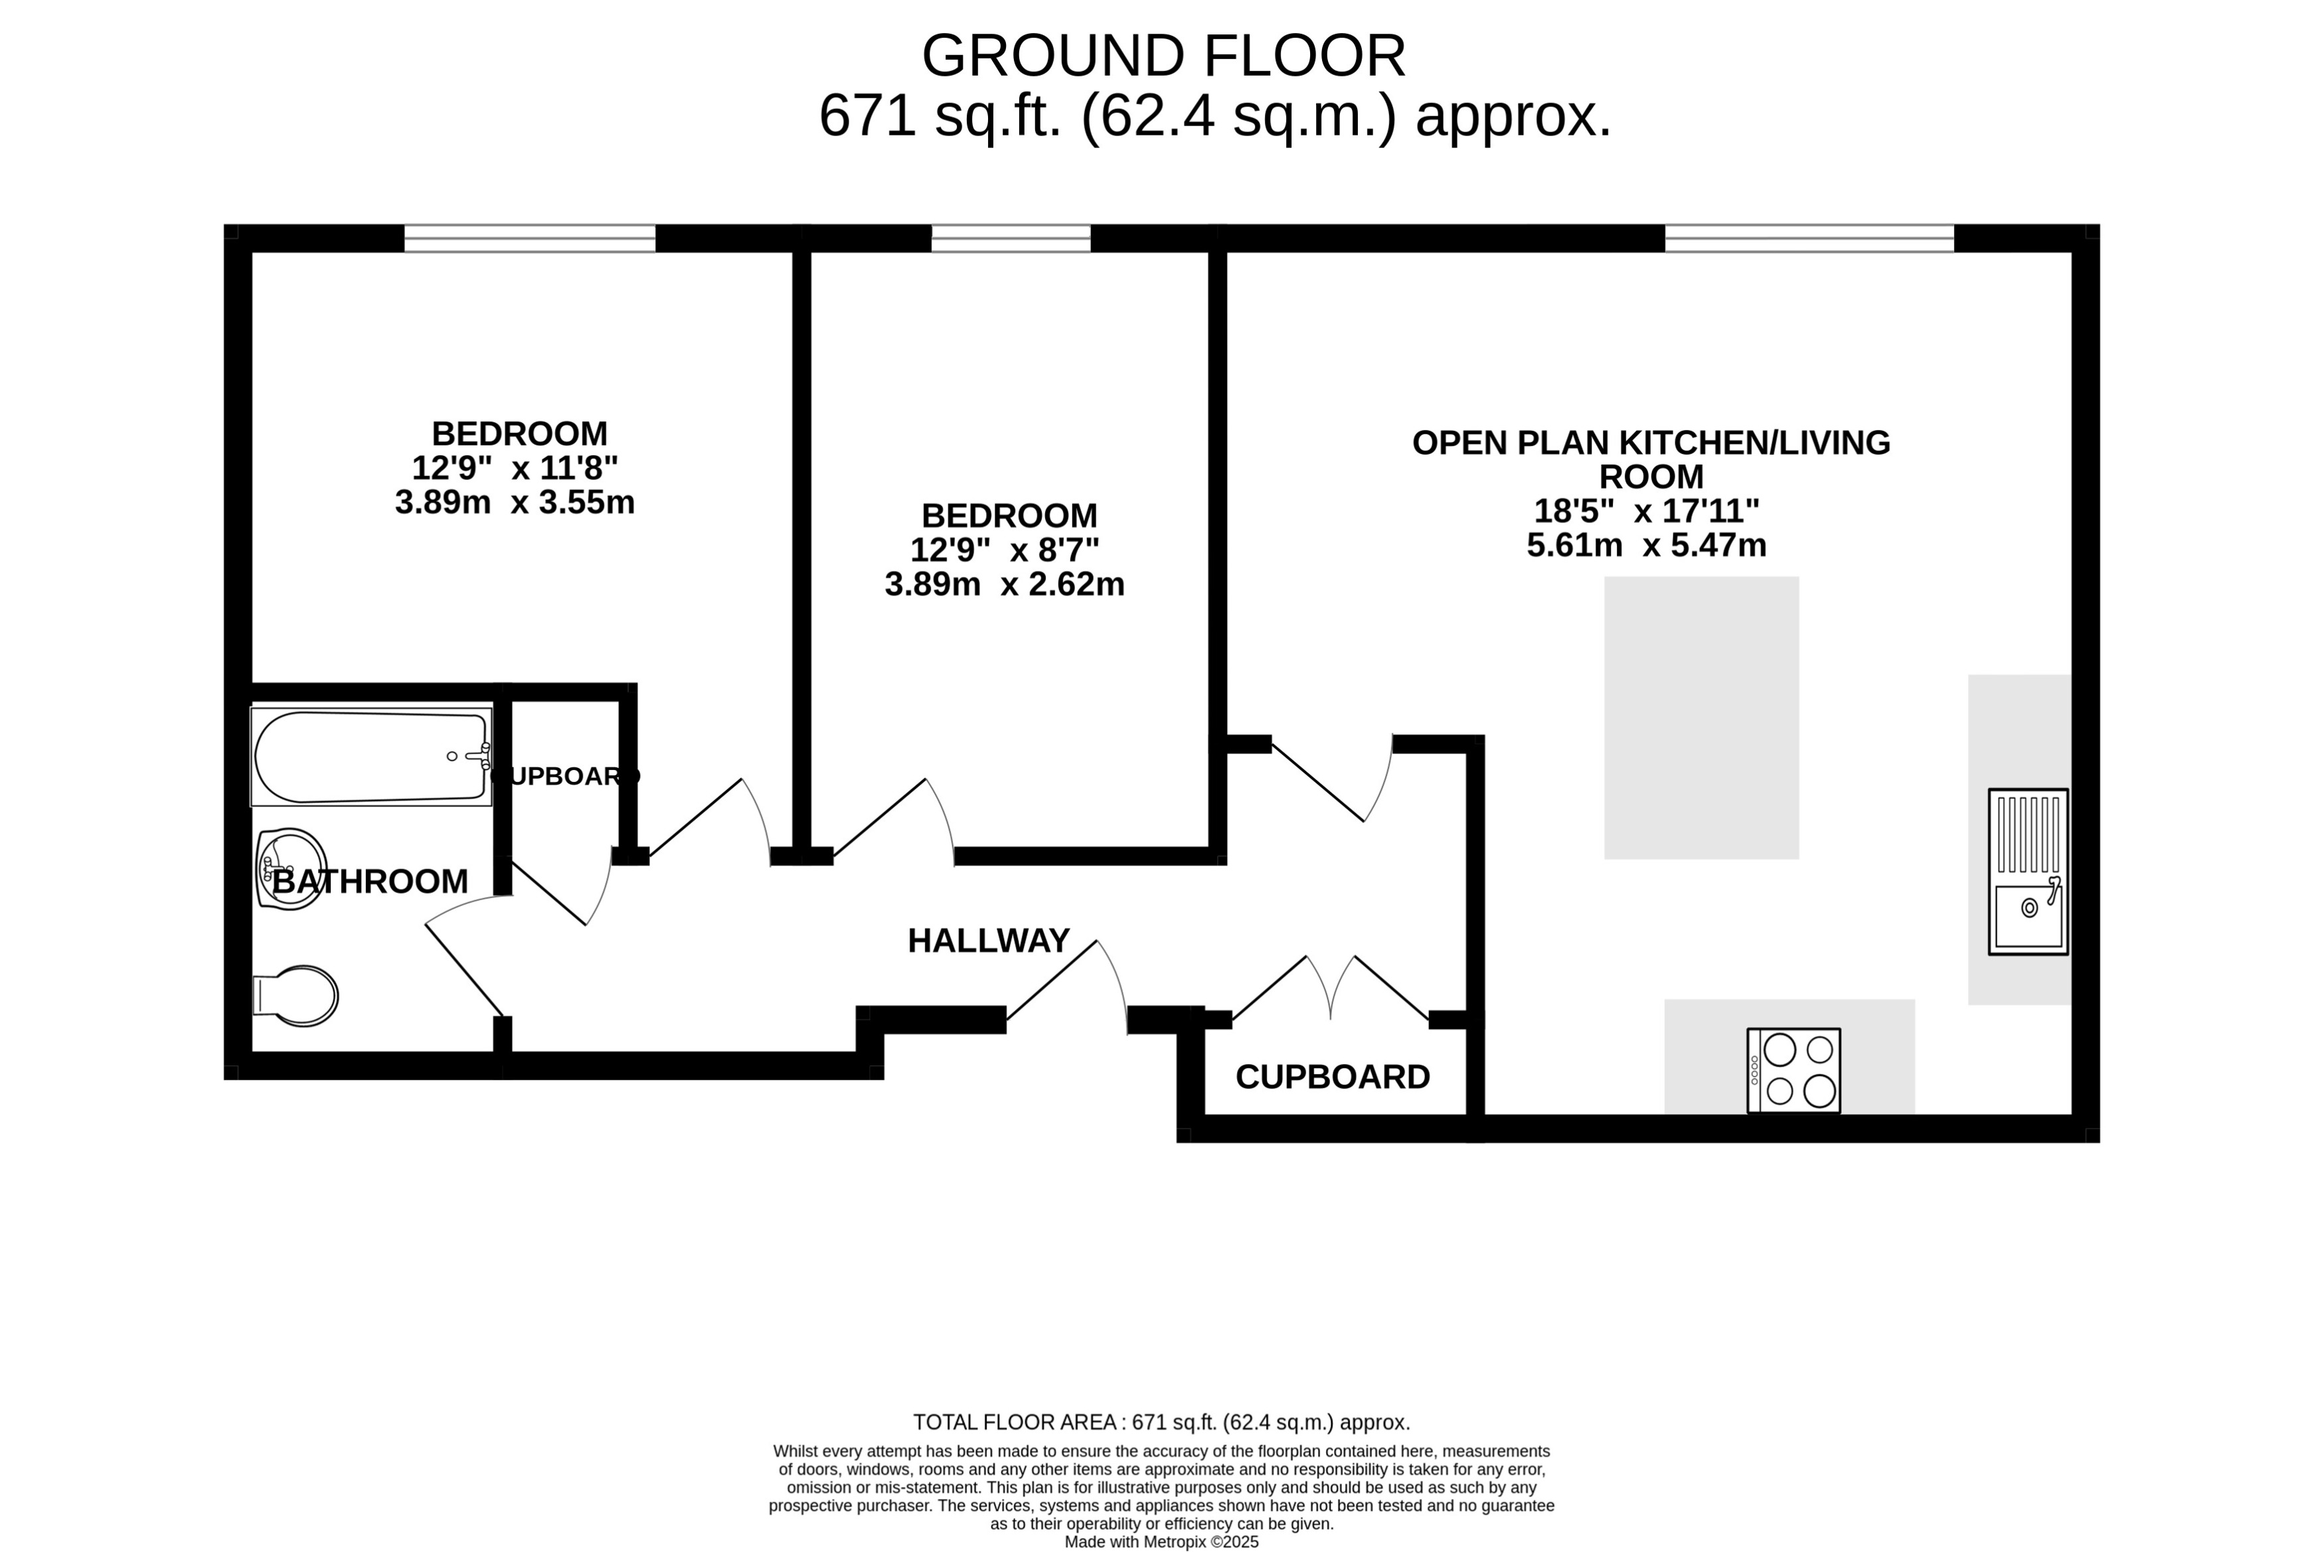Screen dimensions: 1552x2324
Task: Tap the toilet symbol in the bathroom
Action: [297, 996]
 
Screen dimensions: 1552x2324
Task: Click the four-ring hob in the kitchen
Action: [1793, 1071]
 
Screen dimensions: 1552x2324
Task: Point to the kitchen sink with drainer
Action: [2028, 872]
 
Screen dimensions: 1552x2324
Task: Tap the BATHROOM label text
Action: [370, 881]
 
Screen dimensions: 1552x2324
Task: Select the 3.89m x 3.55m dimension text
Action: [515, 503]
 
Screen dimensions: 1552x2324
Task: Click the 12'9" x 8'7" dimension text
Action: [1005, 550]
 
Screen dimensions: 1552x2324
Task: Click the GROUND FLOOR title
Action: [1163, 56]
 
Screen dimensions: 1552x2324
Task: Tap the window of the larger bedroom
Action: [529, 238]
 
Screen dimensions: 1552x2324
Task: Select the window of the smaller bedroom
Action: [1011, 238]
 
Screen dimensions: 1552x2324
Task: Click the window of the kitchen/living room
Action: [1809, 238]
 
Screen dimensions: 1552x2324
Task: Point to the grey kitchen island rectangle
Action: [1701, 718]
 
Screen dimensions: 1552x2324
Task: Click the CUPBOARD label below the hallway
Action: [1332, 1077]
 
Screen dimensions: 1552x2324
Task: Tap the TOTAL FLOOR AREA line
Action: [1161, 1423]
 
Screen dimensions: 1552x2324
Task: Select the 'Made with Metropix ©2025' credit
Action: [1161, 1542]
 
